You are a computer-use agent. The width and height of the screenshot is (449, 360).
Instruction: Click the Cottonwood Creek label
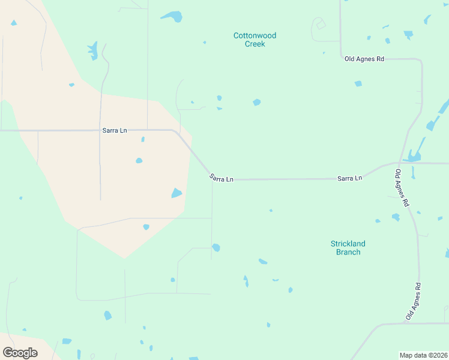pos(255,40)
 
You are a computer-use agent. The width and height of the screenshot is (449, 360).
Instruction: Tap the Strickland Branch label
pos(348,248)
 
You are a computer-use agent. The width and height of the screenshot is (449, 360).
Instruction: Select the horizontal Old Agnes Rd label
pos(364,59)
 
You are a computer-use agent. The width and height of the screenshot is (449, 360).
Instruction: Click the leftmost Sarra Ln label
pos(114,130)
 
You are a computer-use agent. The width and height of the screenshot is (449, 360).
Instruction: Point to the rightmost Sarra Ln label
pos(349,178)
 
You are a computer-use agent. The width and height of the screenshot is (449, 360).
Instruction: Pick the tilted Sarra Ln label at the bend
pos(221,178)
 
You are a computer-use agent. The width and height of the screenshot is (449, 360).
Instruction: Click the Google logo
pos(20,353)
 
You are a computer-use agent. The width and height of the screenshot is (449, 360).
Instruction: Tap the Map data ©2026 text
pos(423,355)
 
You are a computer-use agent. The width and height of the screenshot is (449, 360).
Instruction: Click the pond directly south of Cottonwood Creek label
pos(256,103)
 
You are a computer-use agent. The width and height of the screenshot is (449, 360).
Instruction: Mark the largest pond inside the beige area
pos(176,193)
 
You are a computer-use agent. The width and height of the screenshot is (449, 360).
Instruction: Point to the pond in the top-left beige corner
pos(13,23)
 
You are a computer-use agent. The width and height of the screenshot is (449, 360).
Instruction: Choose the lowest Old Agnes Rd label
pos(412,301)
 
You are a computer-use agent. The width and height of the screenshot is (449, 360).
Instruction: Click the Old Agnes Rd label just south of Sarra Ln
pos(402,188)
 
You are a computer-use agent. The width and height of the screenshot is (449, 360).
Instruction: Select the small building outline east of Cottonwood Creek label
pos(321,25)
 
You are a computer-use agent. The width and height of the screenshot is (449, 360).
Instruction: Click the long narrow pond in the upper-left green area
pos(93,50)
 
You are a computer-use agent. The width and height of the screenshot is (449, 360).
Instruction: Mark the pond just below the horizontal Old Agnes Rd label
pos(358,83)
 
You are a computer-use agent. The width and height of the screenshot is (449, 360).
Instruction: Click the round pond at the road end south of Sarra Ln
pos(215,247)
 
